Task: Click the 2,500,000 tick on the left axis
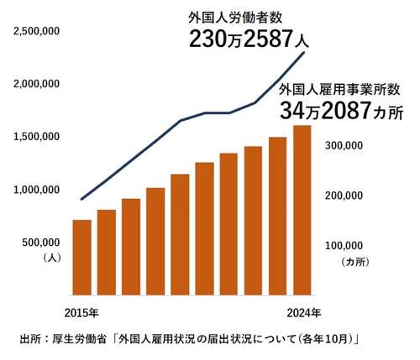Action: coord(36,31)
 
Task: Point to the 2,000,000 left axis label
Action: coord(36,84)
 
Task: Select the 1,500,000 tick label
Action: coord(36,137)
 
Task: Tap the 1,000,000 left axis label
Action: coord(36,190)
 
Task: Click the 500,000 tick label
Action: coord(41,243)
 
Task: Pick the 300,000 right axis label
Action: coord(344,145)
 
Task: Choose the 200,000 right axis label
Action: coord(344,196)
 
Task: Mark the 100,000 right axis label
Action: coord(344,246)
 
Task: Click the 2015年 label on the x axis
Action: coord(81,313)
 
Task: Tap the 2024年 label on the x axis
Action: coord(304,313)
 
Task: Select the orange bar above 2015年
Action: coord(82,258)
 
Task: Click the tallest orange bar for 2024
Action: coord(302,210)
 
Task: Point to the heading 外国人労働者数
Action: coord(235,18)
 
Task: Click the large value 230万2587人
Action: coord(249,39)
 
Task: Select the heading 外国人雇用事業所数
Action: coord(339,90)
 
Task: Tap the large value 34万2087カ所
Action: coord(341,111)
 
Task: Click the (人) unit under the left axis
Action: coord(52,258)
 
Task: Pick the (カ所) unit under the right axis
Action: coord(355,262)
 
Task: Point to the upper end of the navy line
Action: coord(304,52)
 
